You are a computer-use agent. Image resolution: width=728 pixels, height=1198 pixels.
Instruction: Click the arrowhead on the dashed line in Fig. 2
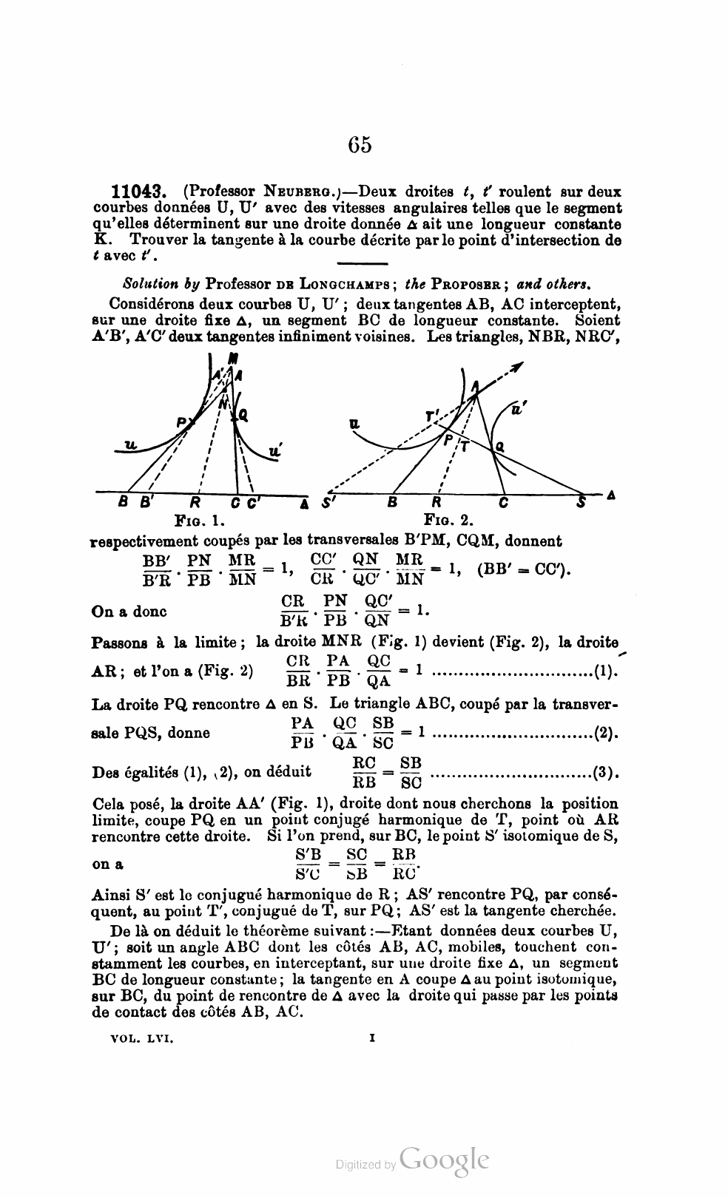518,366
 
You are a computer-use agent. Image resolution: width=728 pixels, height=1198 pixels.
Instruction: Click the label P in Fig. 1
181,422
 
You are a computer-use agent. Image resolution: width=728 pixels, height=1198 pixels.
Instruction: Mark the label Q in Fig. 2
500,446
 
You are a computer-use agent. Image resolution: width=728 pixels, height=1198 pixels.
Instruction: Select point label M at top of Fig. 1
234,357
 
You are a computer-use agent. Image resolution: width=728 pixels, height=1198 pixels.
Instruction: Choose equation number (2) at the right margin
606,734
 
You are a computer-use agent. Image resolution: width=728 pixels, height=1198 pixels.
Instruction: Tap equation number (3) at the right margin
606,773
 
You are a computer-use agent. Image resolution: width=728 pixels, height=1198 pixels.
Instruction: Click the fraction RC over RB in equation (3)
364,773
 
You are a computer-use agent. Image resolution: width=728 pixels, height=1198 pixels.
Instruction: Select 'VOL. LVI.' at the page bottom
141,1038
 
